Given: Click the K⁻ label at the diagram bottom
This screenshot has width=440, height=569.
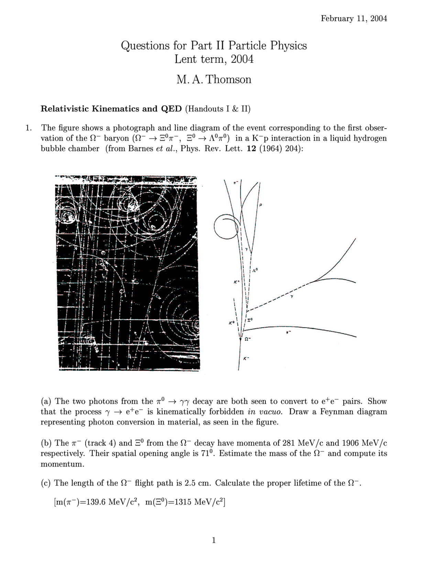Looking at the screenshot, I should pyautogui.click(x=246, y=359).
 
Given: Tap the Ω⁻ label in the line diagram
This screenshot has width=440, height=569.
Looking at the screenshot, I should pyautogui.click(x=248, y=339).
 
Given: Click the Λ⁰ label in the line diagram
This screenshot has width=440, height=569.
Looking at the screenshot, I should pyautogui.click(x=255, y=271).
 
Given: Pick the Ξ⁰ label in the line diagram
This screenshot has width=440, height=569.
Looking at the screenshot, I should pyautogui.click(x=250, y=320).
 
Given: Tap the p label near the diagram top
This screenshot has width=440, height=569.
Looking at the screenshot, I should pyautogui.click(x=261, y=205).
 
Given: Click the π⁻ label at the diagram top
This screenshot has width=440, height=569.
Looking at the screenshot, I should pyautogui.click(x=235, y=183).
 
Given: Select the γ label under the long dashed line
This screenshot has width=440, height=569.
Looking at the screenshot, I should pyautogui.click(x=292, y=296).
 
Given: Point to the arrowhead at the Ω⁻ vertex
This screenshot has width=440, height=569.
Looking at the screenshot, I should pyautogui.click(x=240, y=338).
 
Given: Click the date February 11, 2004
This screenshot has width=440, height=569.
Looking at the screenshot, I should pyautogui.click(x=354, y=19).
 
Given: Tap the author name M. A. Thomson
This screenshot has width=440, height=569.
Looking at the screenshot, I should pyautogui.click(x=214, y=79).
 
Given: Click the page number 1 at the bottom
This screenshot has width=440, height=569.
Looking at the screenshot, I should pyautogui.click(x=214, y=540).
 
